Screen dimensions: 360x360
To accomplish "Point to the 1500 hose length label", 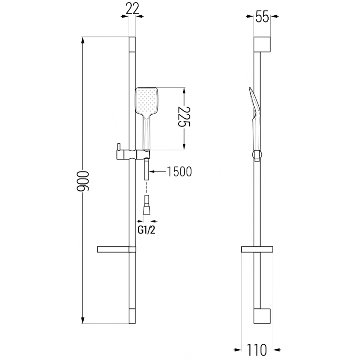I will tap(179, 171).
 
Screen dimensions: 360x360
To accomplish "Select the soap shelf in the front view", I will tap(116, 249).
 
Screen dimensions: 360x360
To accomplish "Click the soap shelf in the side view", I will tap(257, 249).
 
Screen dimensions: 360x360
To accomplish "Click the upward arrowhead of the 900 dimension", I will tap(83, 40).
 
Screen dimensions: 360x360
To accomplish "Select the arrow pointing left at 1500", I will tap(151, 171).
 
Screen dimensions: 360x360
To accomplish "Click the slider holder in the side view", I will tap(257, 155).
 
